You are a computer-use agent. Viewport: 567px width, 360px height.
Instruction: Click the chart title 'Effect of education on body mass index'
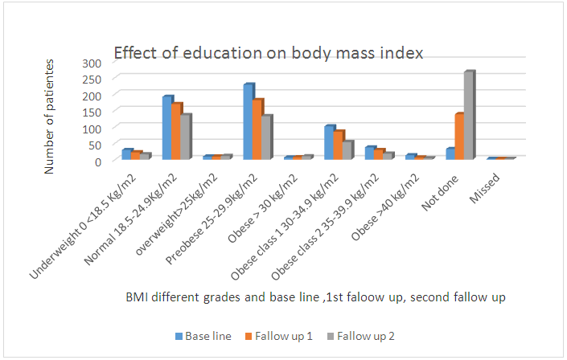(x=269, y=53)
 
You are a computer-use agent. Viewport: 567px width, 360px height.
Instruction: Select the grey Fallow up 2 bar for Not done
(x=468, y=116)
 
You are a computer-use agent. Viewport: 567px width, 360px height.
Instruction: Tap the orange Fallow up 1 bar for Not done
(x=458, y=137)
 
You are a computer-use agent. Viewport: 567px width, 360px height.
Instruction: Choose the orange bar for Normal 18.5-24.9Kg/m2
(x=177, y=132)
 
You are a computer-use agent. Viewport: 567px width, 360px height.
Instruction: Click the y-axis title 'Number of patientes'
(x=51, y=116)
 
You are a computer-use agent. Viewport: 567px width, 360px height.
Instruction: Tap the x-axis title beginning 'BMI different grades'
(x=314, y=298)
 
